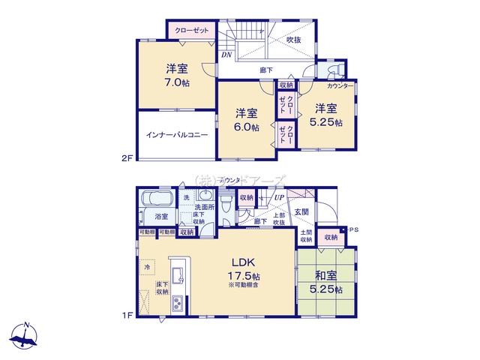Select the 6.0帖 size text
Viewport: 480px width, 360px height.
point(247,128)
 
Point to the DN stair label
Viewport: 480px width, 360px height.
point(226,55)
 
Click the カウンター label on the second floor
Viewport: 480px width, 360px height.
point(341,85)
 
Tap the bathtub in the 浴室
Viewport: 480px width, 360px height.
point(157,200)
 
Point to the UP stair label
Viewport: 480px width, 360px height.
point(279,197)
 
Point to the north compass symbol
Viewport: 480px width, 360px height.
point(26,338)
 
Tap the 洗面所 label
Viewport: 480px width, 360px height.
point(204,206)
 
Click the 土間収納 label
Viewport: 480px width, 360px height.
point(306,237)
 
